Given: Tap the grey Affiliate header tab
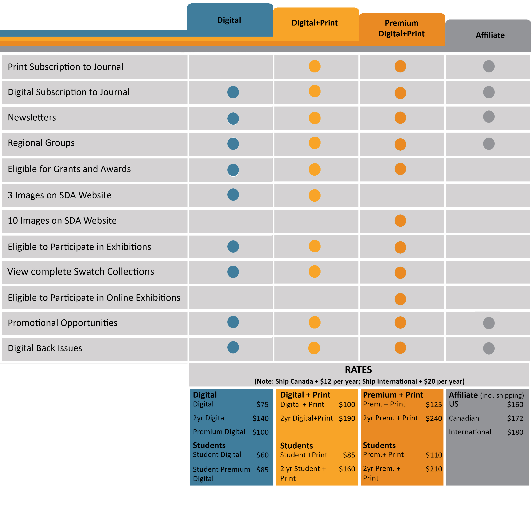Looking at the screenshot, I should coord(490,35).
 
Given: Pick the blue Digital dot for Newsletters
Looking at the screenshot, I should coord(233,118).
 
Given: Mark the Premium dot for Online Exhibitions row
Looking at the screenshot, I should coord(400,299).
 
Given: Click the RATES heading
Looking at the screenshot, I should coord(358,370).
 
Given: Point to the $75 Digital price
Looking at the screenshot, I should coord(262,405).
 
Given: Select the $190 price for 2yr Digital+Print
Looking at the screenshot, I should coord(347,418).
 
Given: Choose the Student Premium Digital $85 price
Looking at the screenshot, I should coord(262,470).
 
